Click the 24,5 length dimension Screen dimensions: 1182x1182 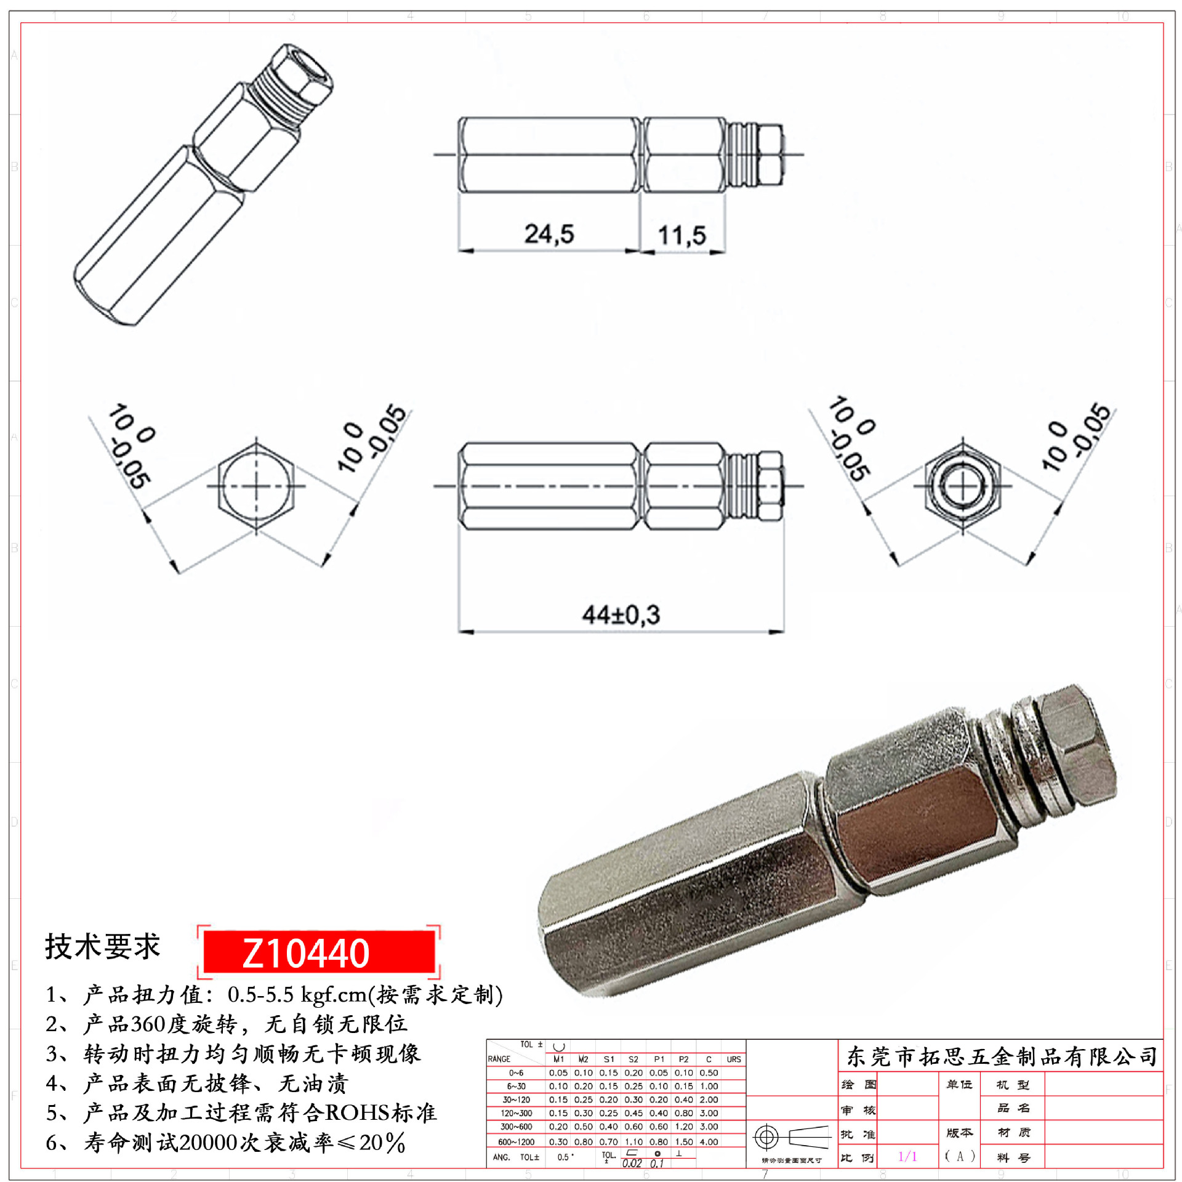(549, 234)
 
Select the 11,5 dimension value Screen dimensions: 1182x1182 (681, 235)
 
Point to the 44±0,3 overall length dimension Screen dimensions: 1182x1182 (621, 614)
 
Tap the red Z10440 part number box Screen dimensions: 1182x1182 (318, 952)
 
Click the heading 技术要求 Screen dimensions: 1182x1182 (102, 946)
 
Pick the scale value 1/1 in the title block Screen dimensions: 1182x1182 (907, 1156)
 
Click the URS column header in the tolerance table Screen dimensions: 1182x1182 (733, 1059)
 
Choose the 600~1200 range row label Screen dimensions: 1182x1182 (516, 1142)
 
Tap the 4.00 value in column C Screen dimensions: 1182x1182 (709, 1142)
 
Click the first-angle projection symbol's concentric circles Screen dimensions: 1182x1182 (766, 1137)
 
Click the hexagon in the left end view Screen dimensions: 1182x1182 (256, 486)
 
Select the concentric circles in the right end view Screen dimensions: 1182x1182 (963, 486)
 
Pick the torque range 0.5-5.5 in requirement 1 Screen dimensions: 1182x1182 (260, 994)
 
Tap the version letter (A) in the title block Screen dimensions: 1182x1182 (960, 1156)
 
